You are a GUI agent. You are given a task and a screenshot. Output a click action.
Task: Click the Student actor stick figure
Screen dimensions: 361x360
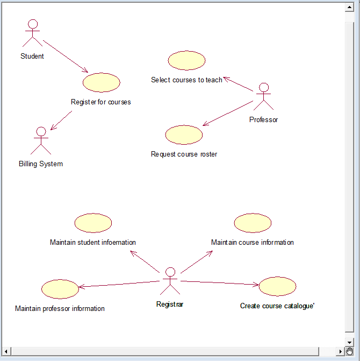(x=32, y=34)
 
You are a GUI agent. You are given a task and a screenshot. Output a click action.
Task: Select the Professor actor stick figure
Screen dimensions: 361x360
(x=264, y=97)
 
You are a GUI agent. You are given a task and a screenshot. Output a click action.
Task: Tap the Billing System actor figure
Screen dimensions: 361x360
(x=41, y=141)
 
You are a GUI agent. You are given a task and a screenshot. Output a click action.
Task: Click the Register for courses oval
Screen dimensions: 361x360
(x=102, y=82)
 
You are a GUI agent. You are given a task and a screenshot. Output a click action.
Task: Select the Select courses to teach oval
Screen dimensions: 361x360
(x=186, y=60)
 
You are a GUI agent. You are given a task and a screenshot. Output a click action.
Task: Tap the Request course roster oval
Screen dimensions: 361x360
(x=184, y=135)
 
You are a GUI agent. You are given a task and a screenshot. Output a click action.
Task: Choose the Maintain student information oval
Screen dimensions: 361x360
(x=93, y=223)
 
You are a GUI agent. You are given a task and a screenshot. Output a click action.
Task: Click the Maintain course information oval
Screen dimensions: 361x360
(x=253, y=223)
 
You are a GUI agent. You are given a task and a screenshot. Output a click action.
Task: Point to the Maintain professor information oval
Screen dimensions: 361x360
(x=60, y=289)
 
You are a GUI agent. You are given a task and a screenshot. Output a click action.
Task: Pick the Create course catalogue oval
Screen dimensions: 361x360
(x=277, y=286)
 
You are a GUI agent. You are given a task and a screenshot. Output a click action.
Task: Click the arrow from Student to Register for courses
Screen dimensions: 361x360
(x=66, y=56)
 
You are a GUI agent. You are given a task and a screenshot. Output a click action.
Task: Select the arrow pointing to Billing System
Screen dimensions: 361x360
(x=61, y=121)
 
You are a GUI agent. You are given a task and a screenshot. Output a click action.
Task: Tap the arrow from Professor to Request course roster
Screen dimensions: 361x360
(x=228, y=114)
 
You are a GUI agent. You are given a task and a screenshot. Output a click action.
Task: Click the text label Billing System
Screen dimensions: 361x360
(x=41, y=164)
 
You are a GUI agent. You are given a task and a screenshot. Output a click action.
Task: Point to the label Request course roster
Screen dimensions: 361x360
(x=184, y=154)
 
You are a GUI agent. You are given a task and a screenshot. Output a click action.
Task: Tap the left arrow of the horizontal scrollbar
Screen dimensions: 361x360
(x=6, y=351)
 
